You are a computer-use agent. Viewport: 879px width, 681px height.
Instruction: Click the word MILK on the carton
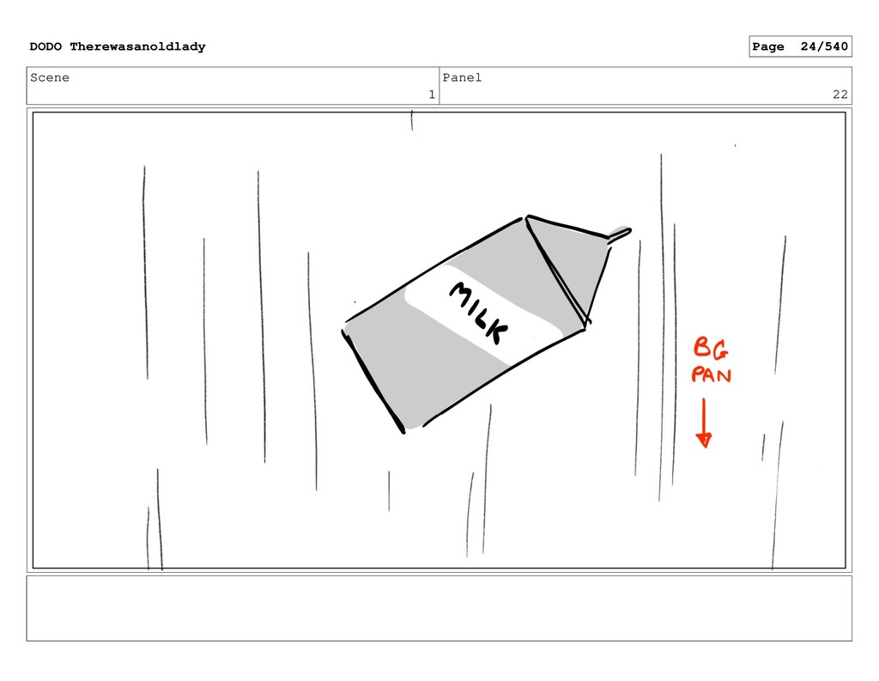479,312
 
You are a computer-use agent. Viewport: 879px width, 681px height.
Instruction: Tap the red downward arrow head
704,440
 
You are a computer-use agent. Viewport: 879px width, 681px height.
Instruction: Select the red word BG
711,348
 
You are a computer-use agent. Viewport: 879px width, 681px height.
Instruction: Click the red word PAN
711,374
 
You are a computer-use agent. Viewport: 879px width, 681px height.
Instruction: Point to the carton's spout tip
629,230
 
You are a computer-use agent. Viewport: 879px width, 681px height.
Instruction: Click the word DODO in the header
45,46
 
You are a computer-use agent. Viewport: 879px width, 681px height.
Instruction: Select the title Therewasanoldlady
137,46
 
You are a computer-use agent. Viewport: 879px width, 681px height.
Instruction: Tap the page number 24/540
824,46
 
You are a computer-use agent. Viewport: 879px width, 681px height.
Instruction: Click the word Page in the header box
768,46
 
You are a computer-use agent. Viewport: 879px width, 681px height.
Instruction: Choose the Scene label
50,77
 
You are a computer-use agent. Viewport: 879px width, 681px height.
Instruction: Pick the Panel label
462,77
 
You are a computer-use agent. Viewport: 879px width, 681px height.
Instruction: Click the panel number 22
840,94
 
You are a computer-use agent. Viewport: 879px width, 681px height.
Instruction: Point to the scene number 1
432,94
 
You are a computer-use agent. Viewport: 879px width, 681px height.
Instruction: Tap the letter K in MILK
497,332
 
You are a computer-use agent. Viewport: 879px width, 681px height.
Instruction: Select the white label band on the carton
483,313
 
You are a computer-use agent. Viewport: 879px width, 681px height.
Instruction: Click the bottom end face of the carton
373,381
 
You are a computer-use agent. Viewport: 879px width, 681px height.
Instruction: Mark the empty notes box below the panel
439,608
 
